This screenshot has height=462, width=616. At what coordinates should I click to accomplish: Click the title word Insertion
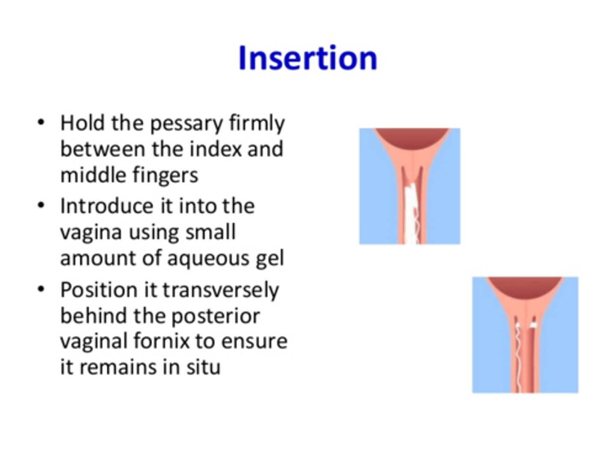(x=308, y=58)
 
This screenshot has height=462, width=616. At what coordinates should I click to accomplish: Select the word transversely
(x=221, y=290)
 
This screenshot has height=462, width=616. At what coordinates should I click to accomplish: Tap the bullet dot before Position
(x=41, y=290)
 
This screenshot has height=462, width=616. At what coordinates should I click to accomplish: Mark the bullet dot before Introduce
(x=41, y=206)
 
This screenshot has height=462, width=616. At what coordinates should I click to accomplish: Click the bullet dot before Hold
(x=41, y=123)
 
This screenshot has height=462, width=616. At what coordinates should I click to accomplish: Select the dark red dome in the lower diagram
(x=525, y=286)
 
